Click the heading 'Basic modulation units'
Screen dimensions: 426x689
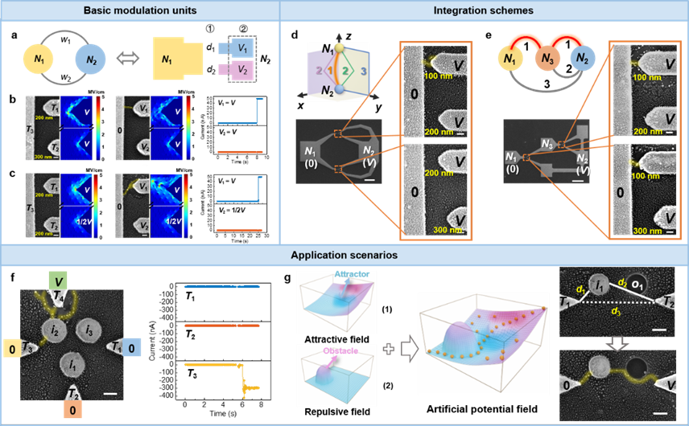pyautogui.click(x=140, y=10)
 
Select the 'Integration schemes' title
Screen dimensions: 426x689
pyautogui.click(x=485, y=10)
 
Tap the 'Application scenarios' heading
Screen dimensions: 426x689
pyautogui.click(x=344, y=255)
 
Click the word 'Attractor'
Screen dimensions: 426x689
pyautogui.click(x=352, y=274)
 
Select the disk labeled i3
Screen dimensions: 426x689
pyautogui.click(x=90, y=331)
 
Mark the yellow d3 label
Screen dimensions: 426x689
pyautogui.click(x=615, y=310)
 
